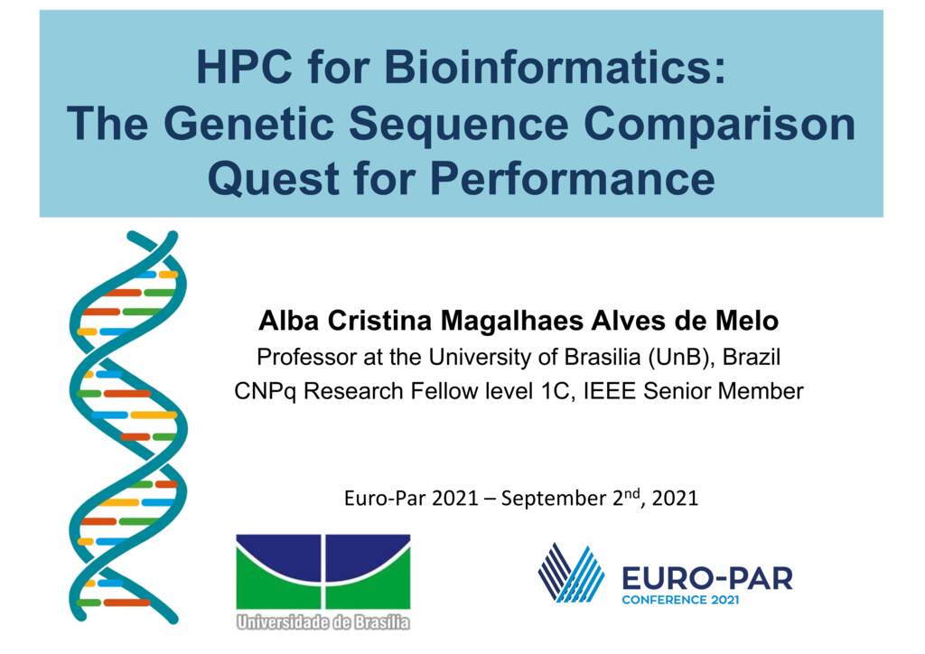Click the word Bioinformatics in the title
tap(556, 67)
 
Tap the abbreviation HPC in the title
tap(244, 67)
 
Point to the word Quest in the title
tap(274, 179)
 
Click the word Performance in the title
tap(573, 178)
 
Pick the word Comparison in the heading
tap(719, 126)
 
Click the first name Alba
tap(289, 320)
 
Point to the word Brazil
tap(752, 357)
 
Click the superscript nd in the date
tap(632, 493)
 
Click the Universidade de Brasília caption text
tap(322, 621)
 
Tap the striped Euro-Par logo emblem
tap(571, 573)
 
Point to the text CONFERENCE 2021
tap(680, 600)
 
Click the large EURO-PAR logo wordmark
tap(707, 578)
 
